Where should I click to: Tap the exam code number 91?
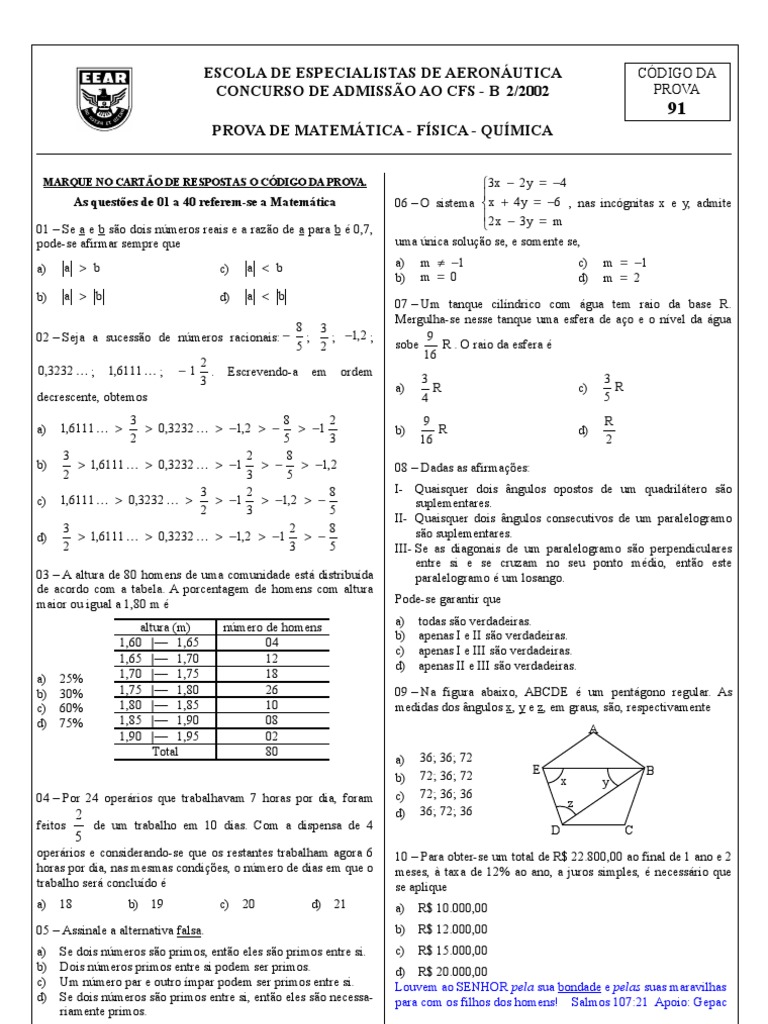point(677,110)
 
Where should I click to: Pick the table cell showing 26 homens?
point(271,689)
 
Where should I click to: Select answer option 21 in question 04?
point(339,903)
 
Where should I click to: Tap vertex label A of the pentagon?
point(593,729)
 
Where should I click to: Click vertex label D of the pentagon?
point(555,830)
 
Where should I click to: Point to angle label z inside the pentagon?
point(570,805)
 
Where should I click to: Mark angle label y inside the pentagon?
point(605,783)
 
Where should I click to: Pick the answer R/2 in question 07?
point(609,429)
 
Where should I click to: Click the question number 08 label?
point(403,467)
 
